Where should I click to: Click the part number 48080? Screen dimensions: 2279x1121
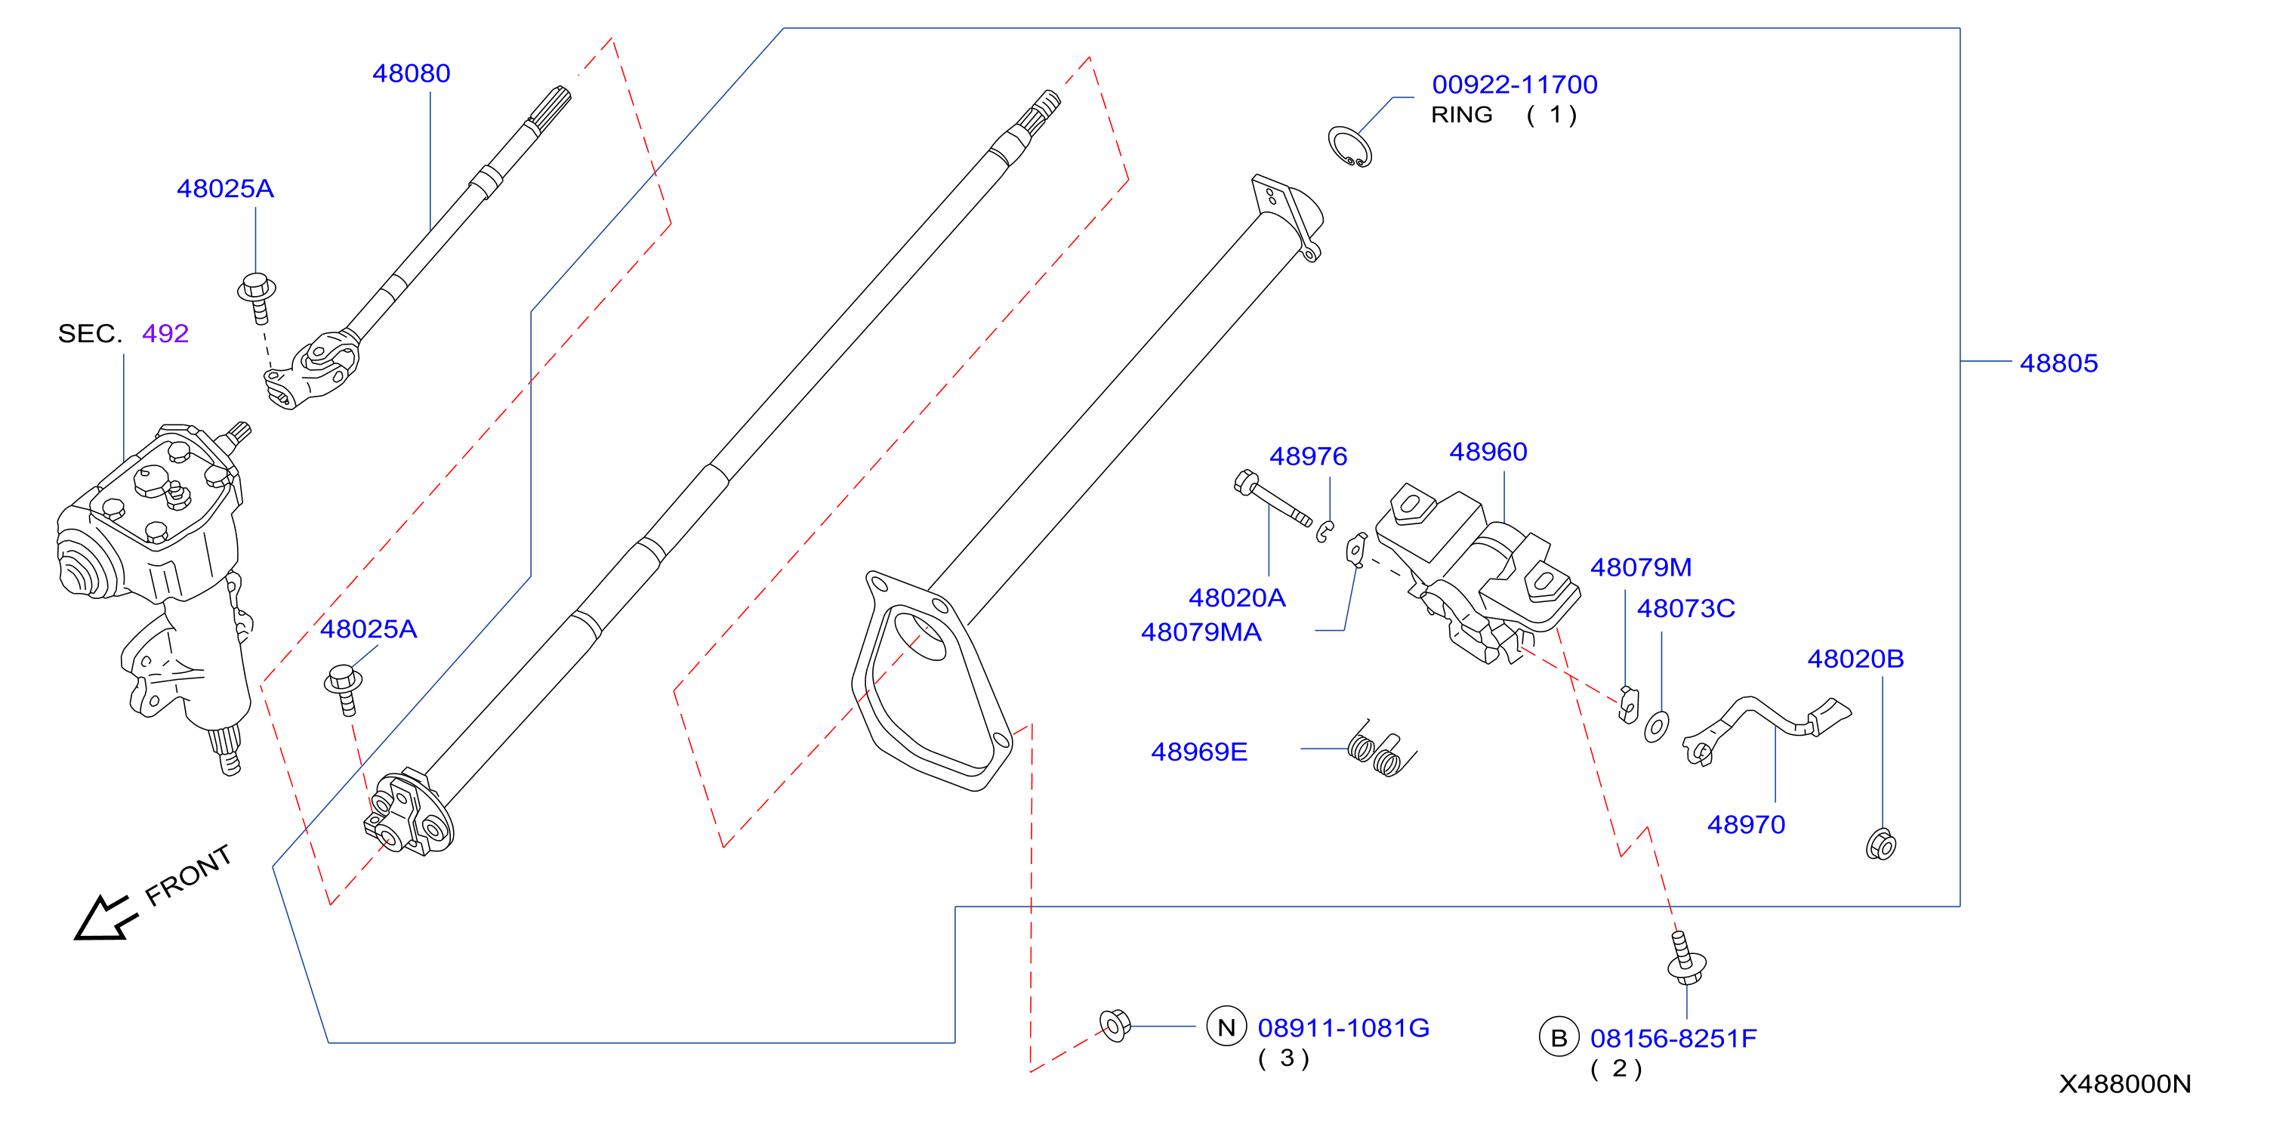412,73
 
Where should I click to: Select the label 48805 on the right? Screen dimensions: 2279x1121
2059,363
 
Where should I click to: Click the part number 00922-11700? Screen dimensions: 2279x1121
1515,84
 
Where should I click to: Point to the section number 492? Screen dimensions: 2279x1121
165,334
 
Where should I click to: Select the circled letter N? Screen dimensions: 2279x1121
1226,1027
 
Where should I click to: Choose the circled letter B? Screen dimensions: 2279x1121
1559,1038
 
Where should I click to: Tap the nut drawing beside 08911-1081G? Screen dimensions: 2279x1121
1115,1026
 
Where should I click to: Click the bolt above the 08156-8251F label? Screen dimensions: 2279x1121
1685,958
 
